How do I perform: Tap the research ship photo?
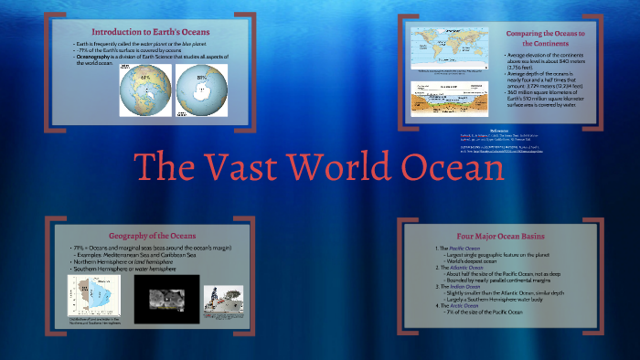pos(223,297)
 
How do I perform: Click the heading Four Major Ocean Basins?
pos(510,235)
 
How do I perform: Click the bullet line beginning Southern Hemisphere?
pos(123,269)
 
